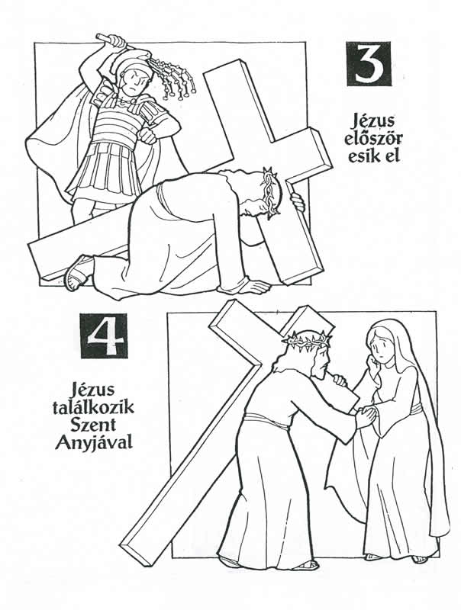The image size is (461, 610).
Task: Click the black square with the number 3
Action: click(x=368, y=64)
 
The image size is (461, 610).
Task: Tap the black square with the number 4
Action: click(x=104, y=335)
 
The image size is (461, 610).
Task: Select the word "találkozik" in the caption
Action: click(x=93, y=407)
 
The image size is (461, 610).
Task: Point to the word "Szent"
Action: click(x=93, y=425)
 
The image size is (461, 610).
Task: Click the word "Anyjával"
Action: click(x=93, y=443)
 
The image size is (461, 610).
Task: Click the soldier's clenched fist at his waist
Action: click(x=148, y=135)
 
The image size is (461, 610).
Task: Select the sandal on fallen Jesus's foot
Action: click(x=76, y=272)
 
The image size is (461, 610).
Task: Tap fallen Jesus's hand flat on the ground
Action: click(x=253, y=287)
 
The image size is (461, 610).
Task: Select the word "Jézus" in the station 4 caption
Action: click(x=93, y=390)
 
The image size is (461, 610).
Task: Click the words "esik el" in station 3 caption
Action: click(x=374, y=156)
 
